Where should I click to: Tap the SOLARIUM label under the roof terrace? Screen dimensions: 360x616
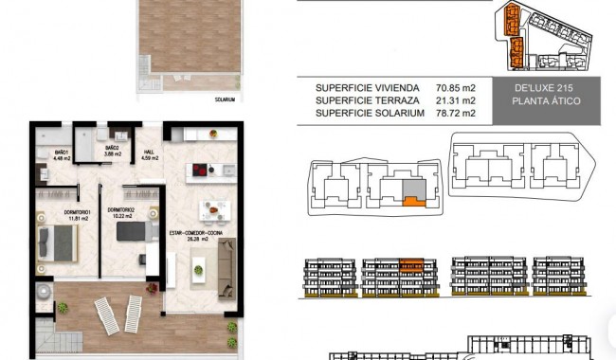[224, 98]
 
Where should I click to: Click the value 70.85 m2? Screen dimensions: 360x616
[456, 88]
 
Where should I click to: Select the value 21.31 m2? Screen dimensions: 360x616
[456, 100]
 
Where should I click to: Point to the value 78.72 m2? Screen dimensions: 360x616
[456, 113]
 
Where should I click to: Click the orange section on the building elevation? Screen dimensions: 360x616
[410, 264]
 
